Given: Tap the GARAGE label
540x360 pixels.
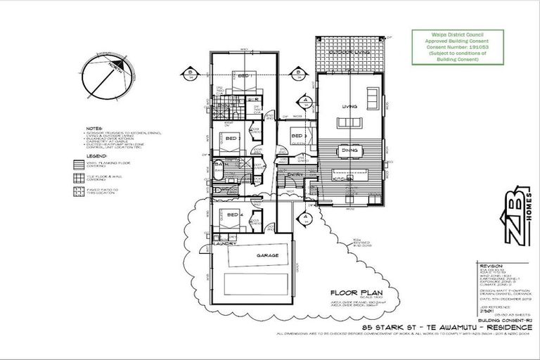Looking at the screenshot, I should point(248,255).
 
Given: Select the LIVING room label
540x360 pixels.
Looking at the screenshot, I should point(349,107).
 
